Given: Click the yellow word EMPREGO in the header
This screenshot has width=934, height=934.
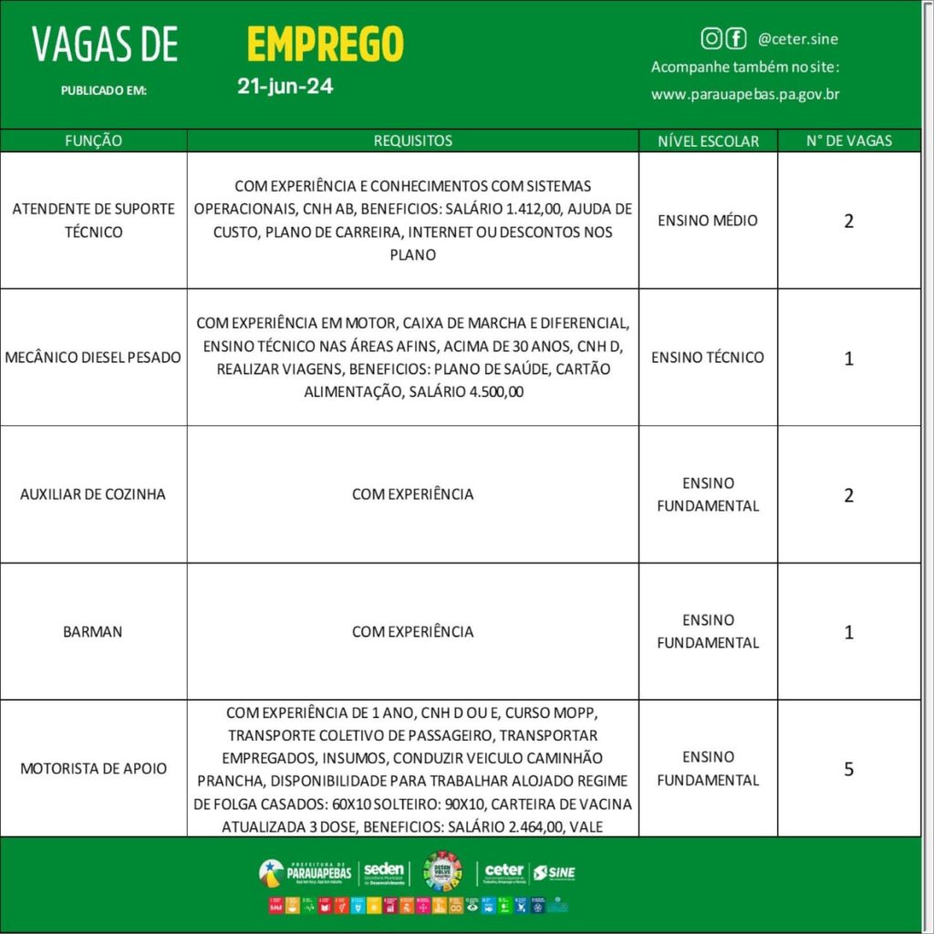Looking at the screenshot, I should point(325,44).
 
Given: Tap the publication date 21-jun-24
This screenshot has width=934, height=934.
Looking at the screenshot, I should point(285,88).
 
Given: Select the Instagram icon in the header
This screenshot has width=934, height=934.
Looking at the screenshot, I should point(711,38).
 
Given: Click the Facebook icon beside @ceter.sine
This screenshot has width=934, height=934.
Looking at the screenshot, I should point(735,38).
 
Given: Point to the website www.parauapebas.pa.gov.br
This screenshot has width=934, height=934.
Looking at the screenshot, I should point(745,94).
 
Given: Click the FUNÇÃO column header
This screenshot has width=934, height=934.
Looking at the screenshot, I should point(94,140).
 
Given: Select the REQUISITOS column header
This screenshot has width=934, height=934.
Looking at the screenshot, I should point(412,140).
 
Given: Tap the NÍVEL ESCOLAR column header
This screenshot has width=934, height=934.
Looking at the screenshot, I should point(708,140).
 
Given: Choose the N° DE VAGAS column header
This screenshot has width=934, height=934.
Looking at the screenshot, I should point(848,140).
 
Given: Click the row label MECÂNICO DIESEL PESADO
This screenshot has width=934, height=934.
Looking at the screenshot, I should point(94,358).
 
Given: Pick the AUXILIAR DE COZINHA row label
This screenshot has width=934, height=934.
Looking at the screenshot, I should point(94,494).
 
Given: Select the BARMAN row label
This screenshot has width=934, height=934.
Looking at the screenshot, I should point(93,631).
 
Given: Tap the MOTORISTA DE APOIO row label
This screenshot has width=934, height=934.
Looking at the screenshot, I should point(94,768).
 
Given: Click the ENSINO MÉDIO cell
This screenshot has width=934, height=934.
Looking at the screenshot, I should point(708,220).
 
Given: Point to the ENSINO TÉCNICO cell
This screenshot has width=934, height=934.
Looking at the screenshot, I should point(708,357).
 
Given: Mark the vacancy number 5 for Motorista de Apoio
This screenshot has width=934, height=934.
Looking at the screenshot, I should point(848,769).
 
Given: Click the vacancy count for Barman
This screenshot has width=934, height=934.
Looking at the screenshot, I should point(848,631).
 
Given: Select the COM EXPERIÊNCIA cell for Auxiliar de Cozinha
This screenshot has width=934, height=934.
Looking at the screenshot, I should point(412,494).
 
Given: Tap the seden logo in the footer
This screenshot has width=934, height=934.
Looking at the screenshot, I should point(384,873).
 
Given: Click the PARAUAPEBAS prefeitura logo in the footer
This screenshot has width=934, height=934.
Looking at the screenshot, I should point(306,873).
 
